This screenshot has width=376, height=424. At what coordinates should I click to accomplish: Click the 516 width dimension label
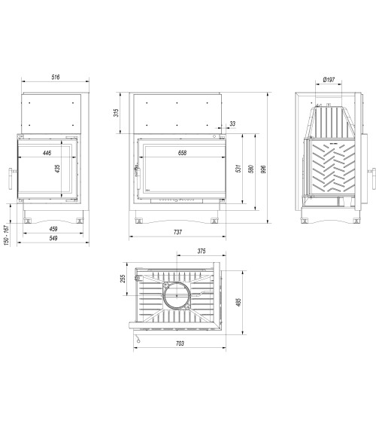click(55, 78)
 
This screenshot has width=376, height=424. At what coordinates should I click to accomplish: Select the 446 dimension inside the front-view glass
click(47, 152)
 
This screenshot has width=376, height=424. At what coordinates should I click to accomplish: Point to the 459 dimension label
click(54, 228)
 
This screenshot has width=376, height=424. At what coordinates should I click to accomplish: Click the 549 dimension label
click(54, 239)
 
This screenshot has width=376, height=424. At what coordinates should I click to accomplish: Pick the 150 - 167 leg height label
click(7, 236)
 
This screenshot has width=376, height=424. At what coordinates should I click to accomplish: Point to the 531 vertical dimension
click(238, 169)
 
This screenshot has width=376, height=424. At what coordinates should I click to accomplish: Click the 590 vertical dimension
click(252, 169)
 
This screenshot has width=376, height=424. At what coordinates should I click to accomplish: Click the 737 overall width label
click(178, 233)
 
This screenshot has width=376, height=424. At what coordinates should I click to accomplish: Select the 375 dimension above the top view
click(202, 252)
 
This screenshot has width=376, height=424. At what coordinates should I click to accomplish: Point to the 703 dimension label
click(180, 343)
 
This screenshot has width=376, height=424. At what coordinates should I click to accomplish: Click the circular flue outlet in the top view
click(178, 296)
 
